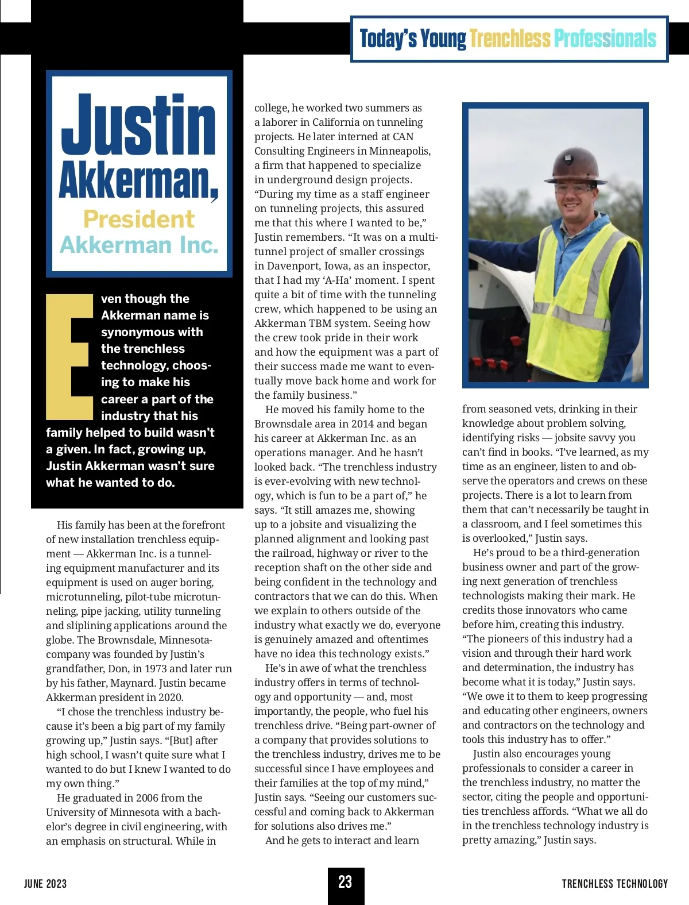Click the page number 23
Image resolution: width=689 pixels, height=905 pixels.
(345, 883)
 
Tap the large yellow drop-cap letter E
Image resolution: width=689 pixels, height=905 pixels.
(69, 357)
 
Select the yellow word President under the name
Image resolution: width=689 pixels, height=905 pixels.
(139, 219)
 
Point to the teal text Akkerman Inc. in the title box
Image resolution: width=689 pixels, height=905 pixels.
(139, 245)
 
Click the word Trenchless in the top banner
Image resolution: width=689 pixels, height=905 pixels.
(510, 39)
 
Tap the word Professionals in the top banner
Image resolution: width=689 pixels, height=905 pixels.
(605, 39)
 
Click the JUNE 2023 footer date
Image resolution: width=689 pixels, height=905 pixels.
(45, 884)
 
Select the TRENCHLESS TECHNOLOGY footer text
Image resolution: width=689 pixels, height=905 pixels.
(615, 884)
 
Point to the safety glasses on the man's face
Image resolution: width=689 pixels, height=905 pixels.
(556, 188)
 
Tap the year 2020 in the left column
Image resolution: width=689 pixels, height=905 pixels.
(171, 698)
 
